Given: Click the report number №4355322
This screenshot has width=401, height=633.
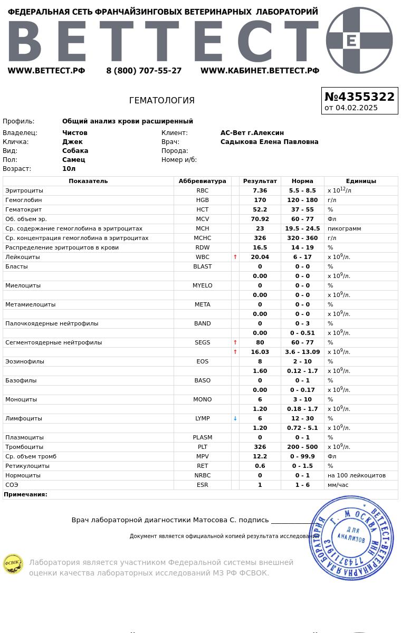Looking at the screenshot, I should point(359,97).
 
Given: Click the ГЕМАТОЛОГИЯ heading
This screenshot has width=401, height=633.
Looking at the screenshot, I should point(161,100).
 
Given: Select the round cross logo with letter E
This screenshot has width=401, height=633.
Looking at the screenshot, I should point(359,40).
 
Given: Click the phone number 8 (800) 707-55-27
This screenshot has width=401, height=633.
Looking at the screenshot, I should point(144,71).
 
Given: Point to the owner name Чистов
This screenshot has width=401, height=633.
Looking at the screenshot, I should point(75,133).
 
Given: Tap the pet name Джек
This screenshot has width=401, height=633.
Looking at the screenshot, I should point(72,142).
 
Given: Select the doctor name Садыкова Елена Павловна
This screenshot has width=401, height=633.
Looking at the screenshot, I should point(269,142).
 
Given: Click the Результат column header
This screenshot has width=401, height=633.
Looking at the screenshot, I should point(260,181).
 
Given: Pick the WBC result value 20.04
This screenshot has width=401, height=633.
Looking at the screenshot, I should point(260,257).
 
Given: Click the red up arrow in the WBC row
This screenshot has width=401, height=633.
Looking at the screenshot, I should point(235,257).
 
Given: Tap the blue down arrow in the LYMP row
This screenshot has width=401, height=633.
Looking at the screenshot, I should point(235,418).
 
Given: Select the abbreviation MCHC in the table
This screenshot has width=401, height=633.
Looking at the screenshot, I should point(202,238).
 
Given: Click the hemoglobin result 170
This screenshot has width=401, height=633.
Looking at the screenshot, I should point(260,200).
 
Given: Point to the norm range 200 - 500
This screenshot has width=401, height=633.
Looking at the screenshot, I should point(302,447).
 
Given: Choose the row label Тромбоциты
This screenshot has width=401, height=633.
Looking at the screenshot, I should point(24,447).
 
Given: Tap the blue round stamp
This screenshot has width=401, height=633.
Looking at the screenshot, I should point(351,538).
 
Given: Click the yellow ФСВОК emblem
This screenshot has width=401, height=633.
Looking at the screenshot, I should point(13,563).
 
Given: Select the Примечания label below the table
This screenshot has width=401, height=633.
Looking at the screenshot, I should point(25,494).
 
